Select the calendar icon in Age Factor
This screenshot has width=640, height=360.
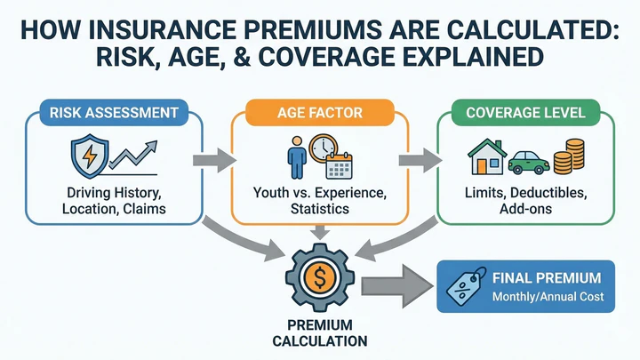pos(338,167)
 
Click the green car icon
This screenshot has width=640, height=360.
pos(528,163)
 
